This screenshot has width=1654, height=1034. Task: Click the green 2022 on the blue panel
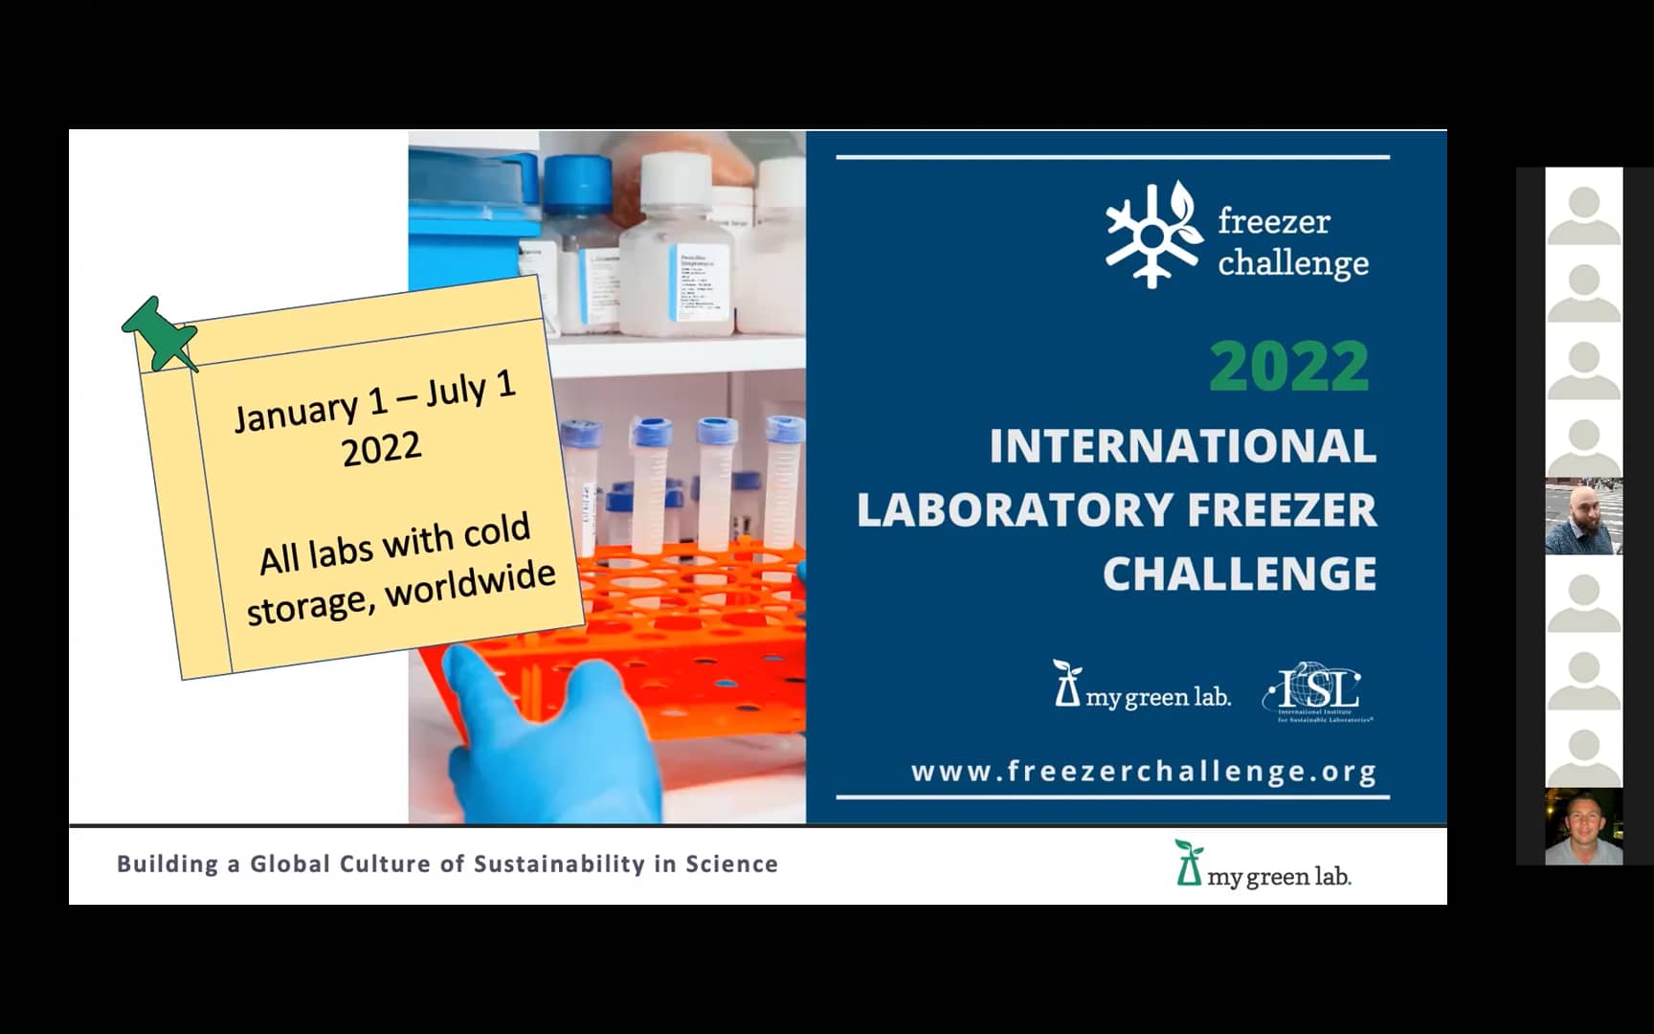(x=1288, y=367)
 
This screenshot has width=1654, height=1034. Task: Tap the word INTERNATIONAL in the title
(x=1182, y=446)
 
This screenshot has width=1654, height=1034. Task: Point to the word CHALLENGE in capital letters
(x=1240, y=574)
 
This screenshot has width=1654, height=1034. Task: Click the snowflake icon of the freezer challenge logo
(x=1152, y=235)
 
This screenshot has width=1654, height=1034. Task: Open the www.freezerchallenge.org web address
(x=1144, y=772)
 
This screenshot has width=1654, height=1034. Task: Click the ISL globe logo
(x=1316, y=690)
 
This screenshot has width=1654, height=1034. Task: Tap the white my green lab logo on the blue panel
(x=1141, y=686)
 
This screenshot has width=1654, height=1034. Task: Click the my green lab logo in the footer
(x=1263, y=865)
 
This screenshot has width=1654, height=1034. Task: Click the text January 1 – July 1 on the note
(x=375, y=402)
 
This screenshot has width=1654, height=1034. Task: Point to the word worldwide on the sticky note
(x=471, y=584)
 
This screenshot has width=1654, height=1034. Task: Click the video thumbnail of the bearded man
(x=1583, y=518)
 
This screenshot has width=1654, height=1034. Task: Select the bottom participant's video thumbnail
(x=1583, y=827)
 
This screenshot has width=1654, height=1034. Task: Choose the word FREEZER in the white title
(x=1281, y=510)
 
